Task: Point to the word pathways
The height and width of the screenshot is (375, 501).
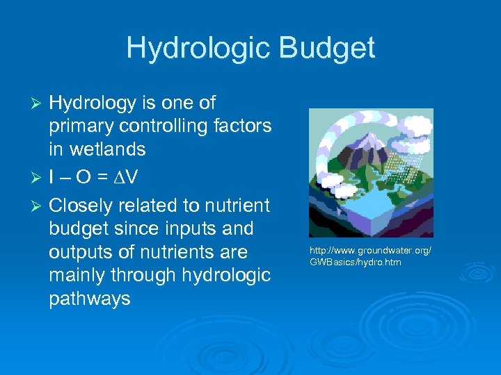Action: point(90,299)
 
